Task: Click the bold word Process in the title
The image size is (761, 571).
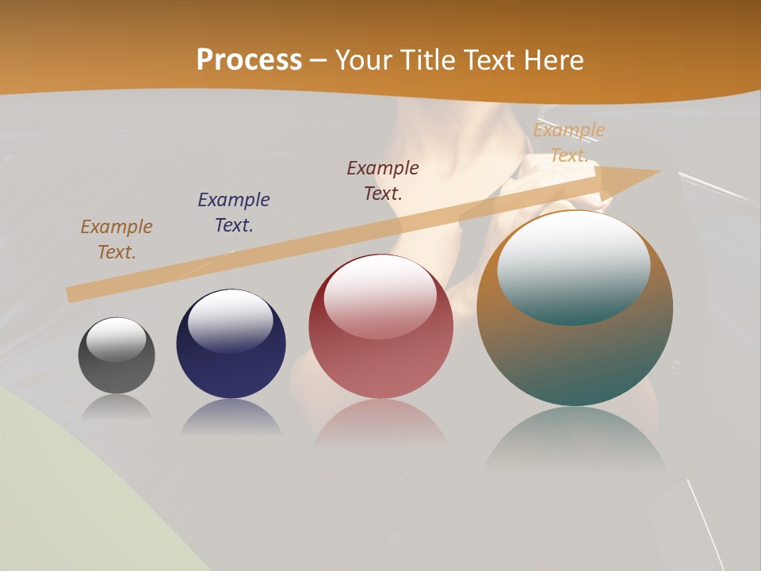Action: pos(249,60)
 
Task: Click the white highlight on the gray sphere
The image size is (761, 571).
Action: pos(117,339)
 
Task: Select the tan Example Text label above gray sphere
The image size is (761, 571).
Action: pos(117,239)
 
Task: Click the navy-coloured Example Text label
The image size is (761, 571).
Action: pos(234,212)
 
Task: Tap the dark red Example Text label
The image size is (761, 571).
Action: pos(383,180)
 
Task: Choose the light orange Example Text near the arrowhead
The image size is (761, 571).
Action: pos(568,143)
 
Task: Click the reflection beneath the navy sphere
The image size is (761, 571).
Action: pos(231,419)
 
